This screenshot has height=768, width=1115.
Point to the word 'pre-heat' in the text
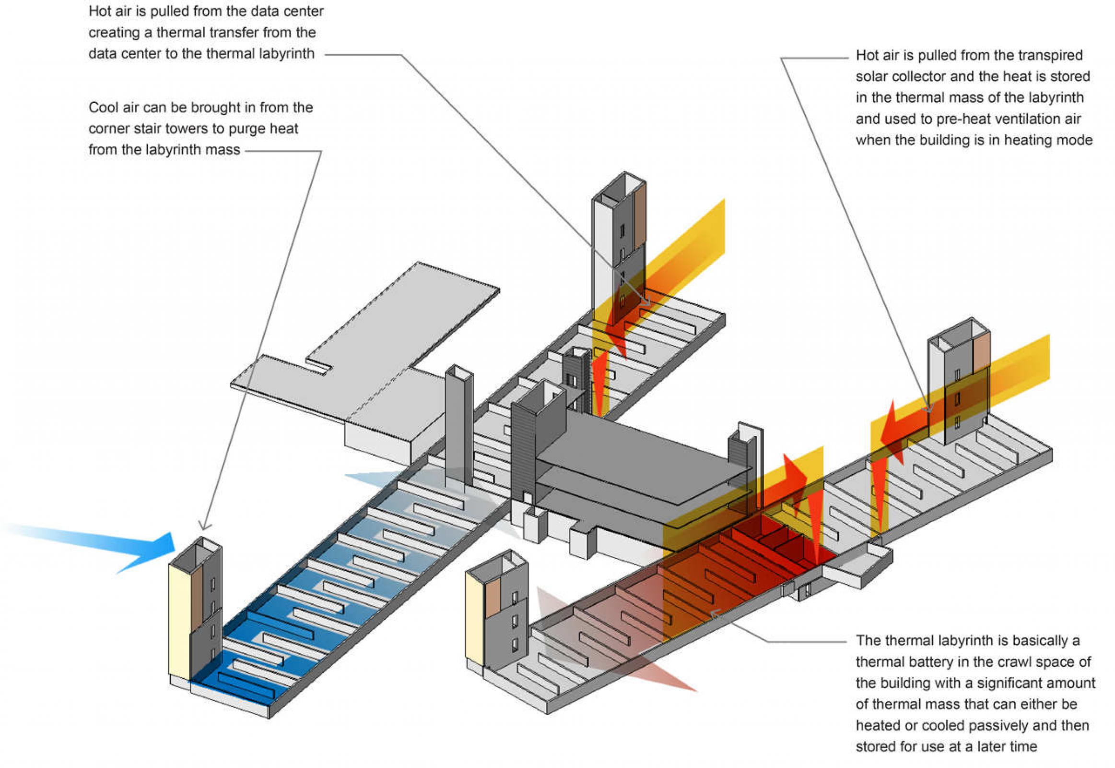pyautogui.click(x=964, y=119)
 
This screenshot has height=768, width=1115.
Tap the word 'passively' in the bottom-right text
pyautogui.click(x=989, y=725)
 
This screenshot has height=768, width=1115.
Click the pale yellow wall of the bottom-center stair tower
pyautogui.click(x=475, y=621)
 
